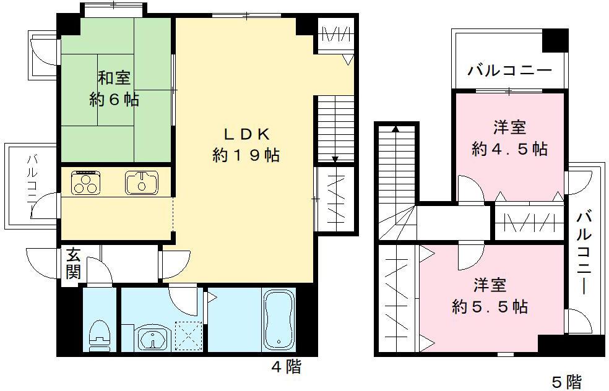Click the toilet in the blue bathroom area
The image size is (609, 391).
[x=98, y=332]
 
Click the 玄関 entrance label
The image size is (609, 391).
[x=74, y=264]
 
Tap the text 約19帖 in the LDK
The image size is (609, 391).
[x=246, y=155]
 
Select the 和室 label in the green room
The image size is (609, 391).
[x=114, y=79]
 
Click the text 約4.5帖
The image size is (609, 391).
[x=509, y=149]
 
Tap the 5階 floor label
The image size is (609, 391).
[x=566, y=381]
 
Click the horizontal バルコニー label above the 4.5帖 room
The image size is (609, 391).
[x=509, y=71]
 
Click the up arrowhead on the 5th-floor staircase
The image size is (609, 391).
[x=394, y=129]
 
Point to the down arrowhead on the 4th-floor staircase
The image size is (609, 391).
[x=335, y=160]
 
